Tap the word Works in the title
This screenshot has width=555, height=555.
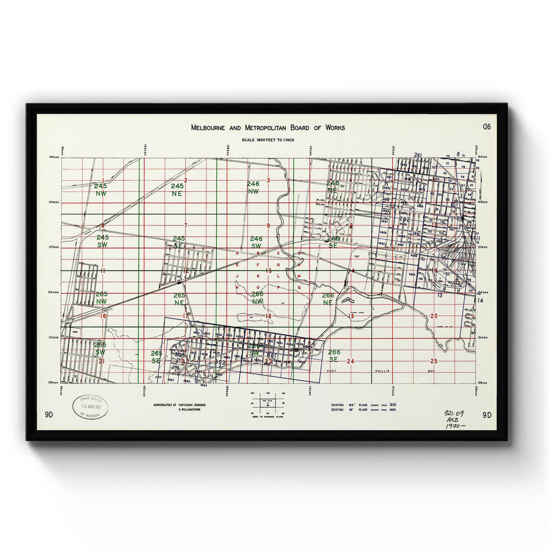coord(334,128)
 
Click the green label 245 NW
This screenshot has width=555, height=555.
coord(100,190)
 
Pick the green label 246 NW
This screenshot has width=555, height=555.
coord(253,187)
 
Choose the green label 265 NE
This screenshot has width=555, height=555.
coord(179,299)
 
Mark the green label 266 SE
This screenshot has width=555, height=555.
coord(334,356)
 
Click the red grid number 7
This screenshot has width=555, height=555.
coord(186,226)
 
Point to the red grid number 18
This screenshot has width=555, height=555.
coord(268,316)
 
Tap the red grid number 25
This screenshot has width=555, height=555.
coord(433,361)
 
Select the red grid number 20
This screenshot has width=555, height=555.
coord(433,316)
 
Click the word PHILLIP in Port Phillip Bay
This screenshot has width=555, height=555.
coord(382,371)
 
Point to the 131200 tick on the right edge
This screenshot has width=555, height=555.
coord(482,338)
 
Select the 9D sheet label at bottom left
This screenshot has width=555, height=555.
coord(49,415)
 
